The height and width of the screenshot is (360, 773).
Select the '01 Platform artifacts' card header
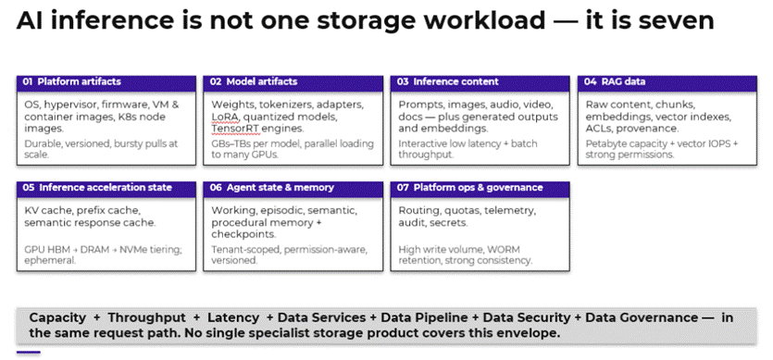click(106, 83)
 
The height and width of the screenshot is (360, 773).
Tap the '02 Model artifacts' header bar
click(293, 83)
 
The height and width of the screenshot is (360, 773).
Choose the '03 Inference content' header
click(480, 83)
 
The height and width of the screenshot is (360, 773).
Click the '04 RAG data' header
click(667, 83)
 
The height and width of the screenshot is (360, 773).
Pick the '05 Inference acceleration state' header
click(106, 189)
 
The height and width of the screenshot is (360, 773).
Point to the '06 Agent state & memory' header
click(293, 189)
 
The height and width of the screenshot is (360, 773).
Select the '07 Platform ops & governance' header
click(480, 189)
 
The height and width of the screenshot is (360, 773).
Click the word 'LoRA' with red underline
click(224, 118)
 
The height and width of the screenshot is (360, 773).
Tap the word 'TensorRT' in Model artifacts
click(232, 129)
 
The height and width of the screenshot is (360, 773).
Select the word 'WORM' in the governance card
click(505, 250)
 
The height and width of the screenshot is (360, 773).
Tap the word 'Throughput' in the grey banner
click(147, 318)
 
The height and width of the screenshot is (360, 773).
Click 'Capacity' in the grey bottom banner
click(57, 318)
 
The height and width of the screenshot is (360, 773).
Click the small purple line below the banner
click(29, 352)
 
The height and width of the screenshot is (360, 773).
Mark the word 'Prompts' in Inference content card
click(418, 106)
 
